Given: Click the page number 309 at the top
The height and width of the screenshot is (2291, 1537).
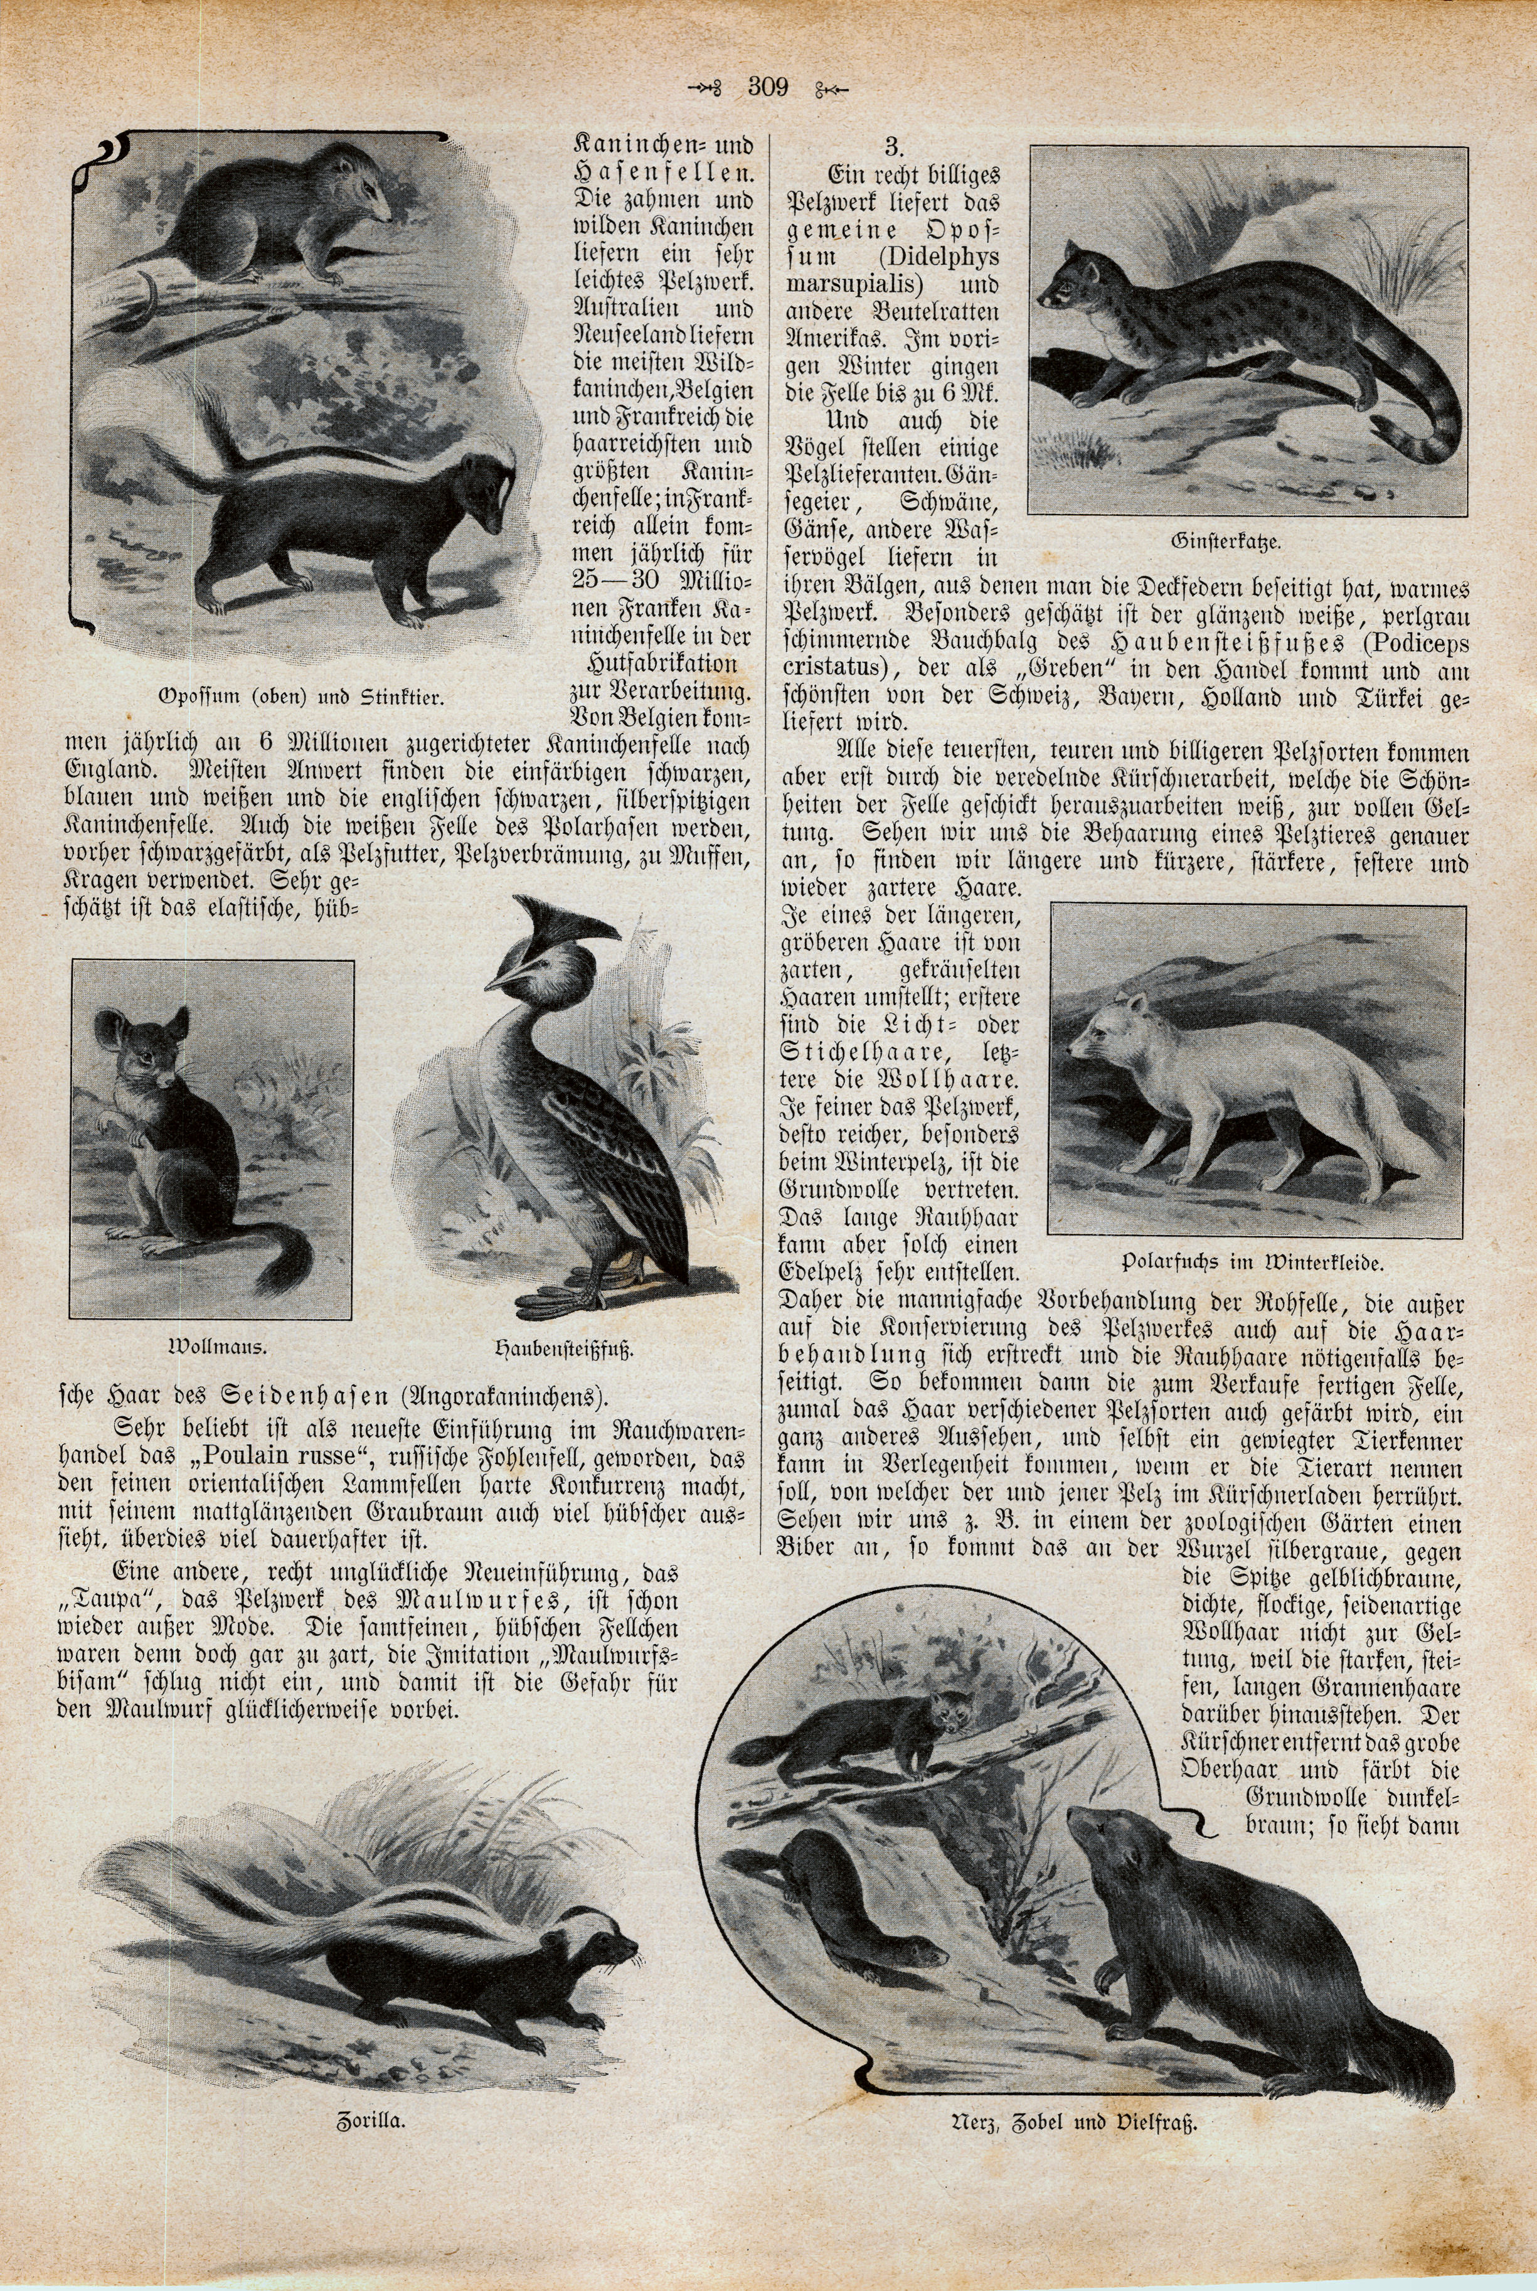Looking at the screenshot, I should click(x=767, y=87).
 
